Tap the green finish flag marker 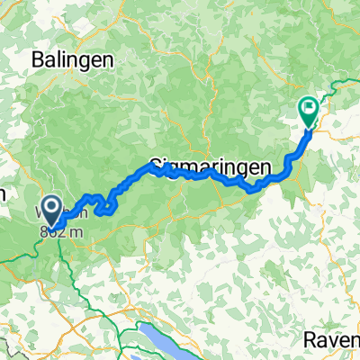309,111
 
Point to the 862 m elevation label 56,229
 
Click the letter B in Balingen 37,59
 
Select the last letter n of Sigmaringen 240,167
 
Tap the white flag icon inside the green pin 309,108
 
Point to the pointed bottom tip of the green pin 309,126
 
